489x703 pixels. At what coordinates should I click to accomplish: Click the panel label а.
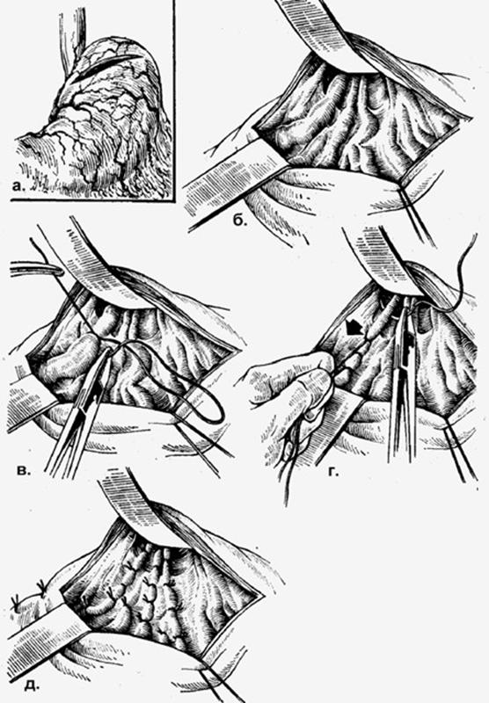click(x=18, y=185)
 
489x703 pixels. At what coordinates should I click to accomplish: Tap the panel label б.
click(x=238, y=220)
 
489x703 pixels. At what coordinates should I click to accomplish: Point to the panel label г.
click(x=332, y=472)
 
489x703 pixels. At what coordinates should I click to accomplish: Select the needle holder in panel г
click(x=404, y=381)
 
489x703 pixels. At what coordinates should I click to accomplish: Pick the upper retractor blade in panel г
click(x=382, y=256)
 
